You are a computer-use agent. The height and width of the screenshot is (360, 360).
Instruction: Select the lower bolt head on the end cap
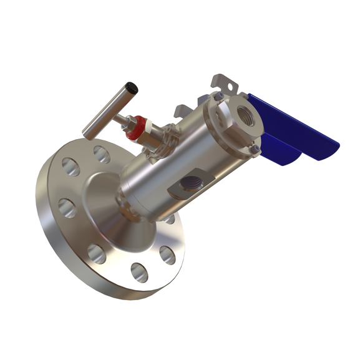[256, 149]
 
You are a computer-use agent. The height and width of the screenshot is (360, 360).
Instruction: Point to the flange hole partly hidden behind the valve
[169, 219]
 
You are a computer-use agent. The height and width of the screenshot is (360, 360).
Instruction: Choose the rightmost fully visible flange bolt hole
[167, 255]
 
